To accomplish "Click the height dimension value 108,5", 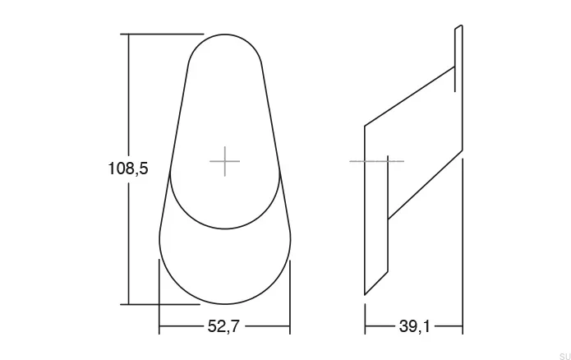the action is point(128,168).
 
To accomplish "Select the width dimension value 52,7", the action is point(223,326).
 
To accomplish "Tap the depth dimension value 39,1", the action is point(414,326).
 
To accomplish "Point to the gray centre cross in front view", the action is point(224,161).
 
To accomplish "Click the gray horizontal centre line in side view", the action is point(376,161).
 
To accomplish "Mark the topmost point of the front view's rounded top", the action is point(224,35).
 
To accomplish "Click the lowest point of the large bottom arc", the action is point(224,304).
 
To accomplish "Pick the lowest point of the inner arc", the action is point(224,228).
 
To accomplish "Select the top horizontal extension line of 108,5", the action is point(162,34).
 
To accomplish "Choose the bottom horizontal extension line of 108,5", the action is point(160,304).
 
